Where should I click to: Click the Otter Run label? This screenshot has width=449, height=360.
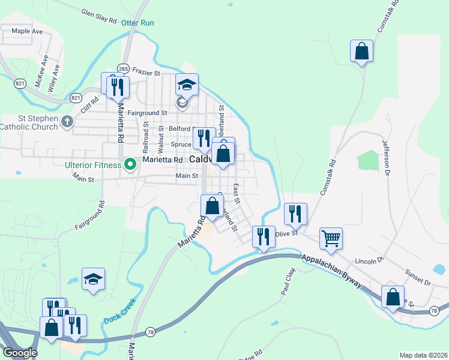tap(137, 23)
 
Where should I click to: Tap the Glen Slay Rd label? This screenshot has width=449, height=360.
tap(98, 16)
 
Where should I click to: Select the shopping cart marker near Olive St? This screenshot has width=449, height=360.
tap(331, 238)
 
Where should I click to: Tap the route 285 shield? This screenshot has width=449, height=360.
tap(123, 68)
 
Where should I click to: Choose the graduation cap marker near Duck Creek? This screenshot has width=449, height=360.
tap(93, 279)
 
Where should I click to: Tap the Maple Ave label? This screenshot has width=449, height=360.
tap(27, 31)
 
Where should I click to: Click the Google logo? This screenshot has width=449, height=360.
tap(19, 353)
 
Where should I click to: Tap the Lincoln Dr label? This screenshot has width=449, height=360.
tap(369, 261)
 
